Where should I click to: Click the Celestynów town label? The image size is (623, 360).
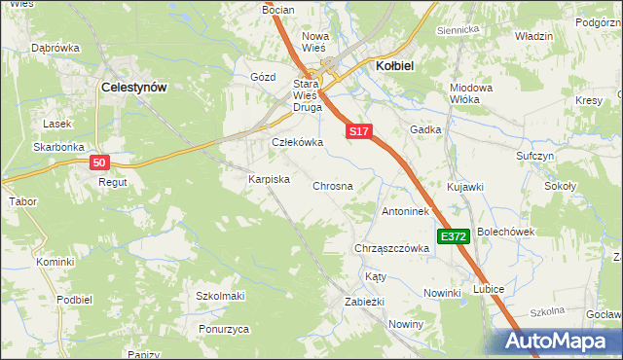click(x=134, y=87)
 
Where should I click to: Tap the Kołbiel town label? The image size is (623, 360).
click(x=396, y=65)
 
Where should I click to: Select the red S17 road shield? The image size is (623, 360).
click(x=359, y=130)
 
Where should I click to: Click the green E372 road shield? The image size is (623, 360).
click(x=455, y=236)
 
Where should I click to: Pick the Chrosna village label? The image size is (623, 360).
click(x=332, y=185)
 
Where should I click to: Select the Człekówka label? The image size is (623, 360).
click(x=296, y=142)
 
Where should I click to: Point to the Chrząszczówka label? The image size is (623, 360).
click(x=392, y=248)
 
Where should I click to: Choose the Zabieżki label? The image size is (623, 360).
click(x=366, y=302)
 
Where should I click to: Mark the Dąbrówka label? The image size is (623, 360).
click(x=55, y=47)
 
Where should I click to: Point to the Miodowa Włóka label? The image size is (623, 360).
click(x=470, y=93)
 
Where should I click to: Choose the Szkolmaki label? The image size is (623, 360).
click(x=220, y=296)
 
